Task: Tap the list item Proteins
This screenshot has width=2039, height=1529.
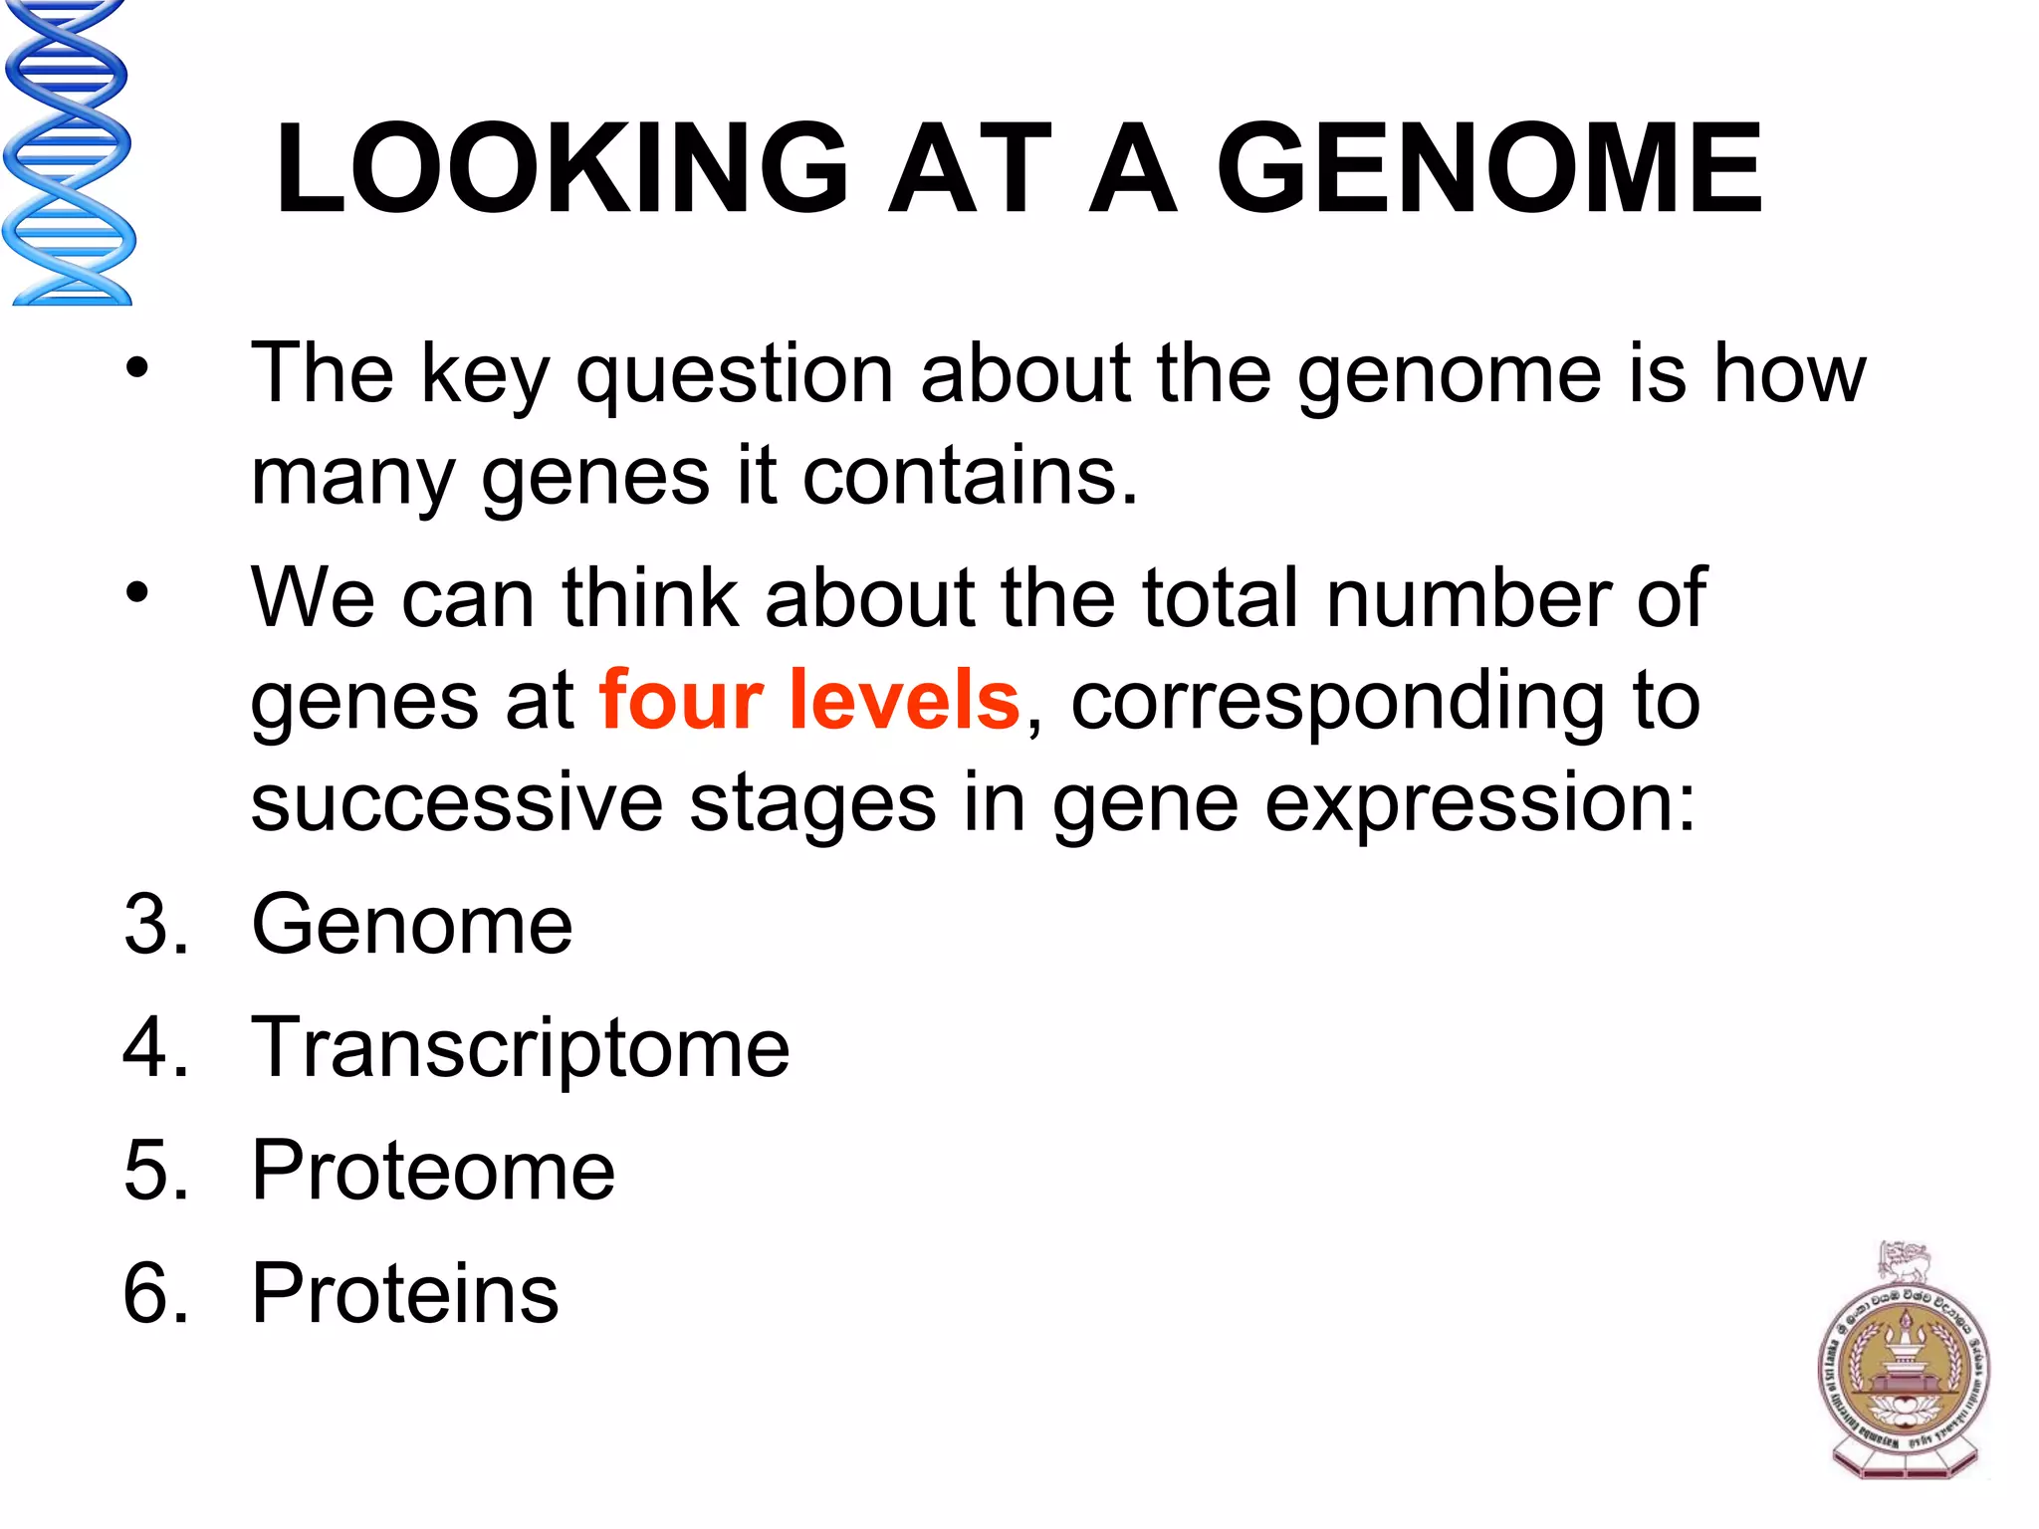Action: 405,1293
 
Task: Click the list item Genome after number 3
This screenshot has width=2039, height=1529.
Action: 412,925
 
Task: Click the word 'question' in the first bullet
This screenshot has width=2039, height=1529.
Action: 735,376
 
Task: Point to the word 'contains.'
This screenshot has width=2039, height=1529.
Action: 970,477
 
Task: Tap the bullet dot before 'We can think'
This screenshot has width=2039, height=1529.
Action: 136,593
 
